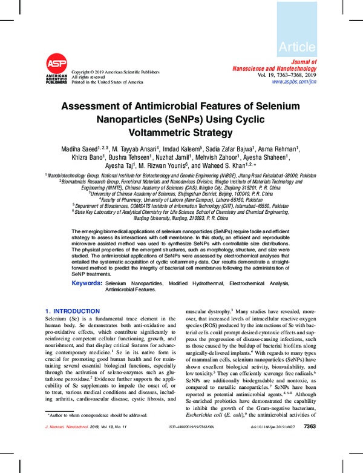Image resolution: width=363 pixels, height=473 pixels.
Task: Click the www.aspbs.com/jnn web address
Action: (x=294, y=81)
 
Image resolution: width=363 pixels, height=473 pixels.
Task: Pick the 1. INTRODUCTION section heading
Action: (x=73, y=311)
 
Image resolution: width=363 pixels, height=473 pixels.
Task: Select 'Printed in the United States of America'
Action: (x=108, y=82)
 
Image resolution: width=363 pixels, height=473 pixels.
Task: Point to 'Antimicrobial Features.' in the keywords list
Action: (x=131, y=289)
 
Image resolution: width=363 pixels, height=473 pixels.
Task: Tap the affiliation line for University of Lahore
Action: (x=181, y=199)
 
